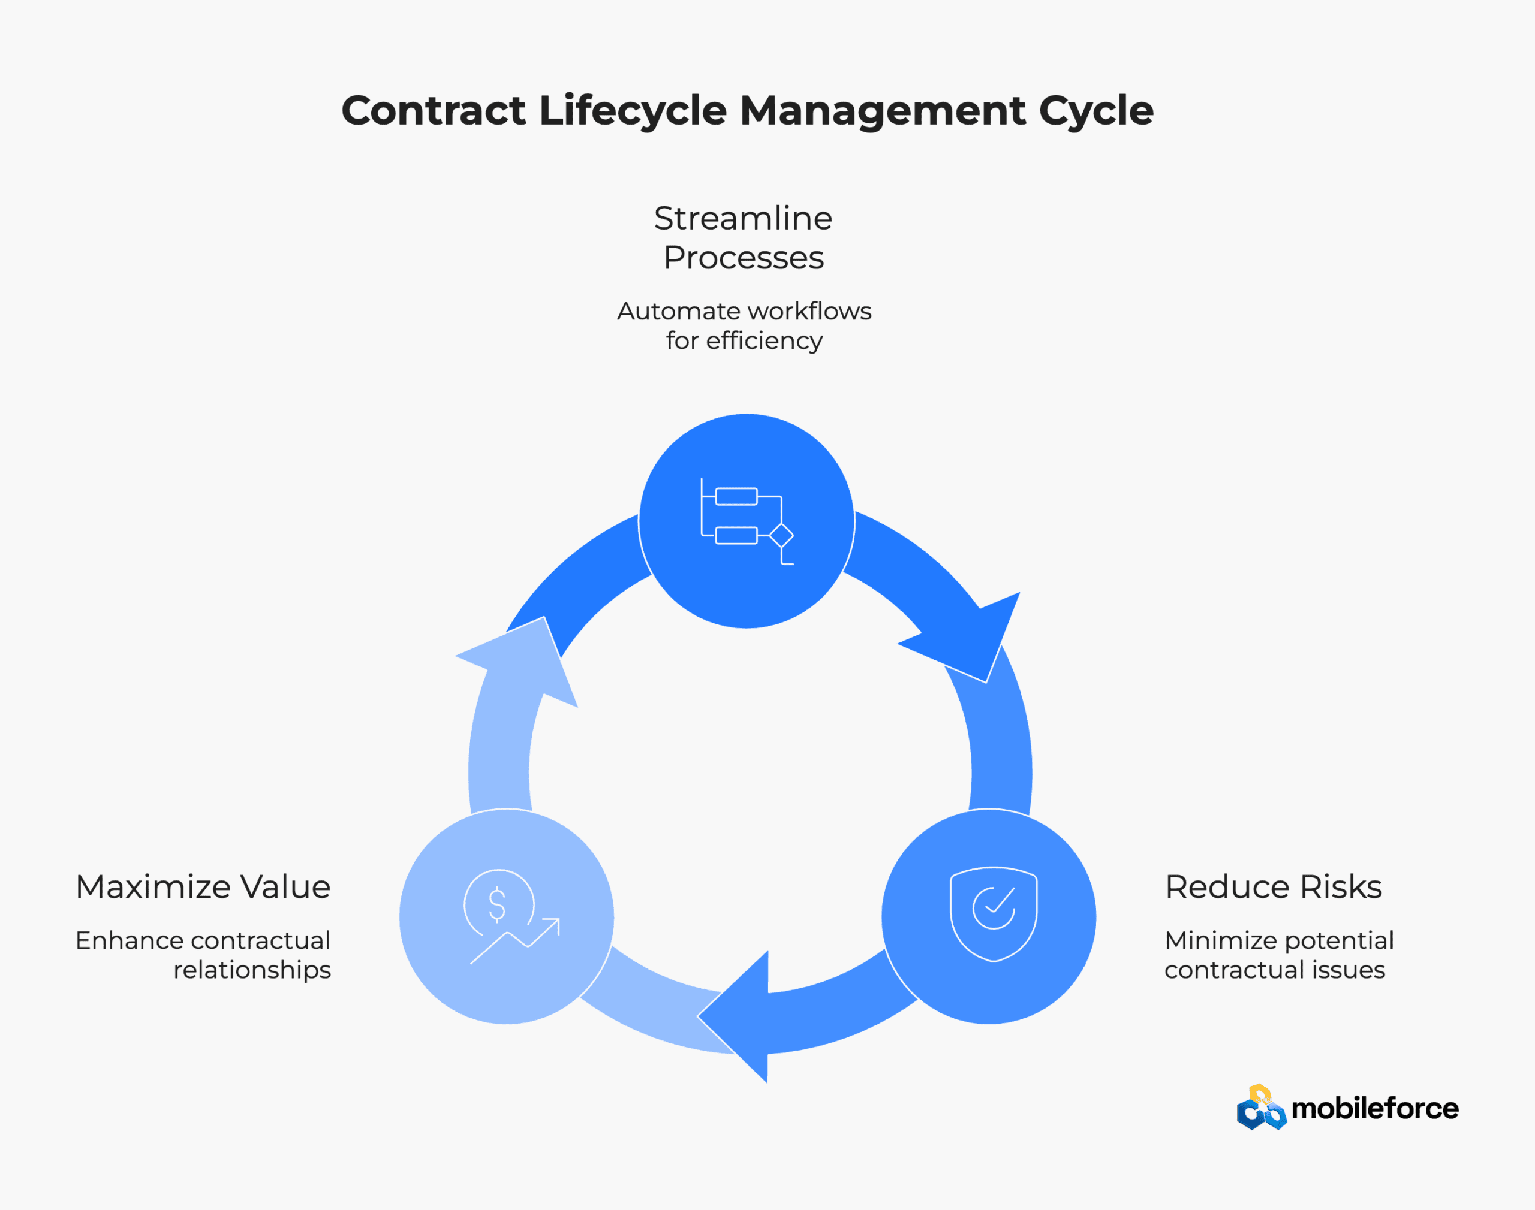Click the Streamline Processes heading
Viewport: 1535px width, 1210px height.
pos(743,237)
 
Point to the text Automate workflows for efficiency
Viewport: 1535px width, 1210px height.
pos(744,325)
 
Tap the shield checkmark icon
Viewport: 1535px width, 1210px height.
pos(993,913)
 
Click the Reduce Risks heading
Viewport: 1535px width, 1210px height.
pos(1273,886)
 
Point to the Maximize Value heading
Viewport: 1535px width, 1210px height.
pos(203,886)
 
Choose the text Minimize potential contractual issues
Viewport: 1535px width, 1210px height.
pos(1278,954)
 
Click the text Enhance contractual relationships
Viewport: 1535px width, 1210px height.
pos(203,954)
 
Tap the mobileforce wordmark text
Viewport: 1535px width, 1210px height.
pos(1374,1109)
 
